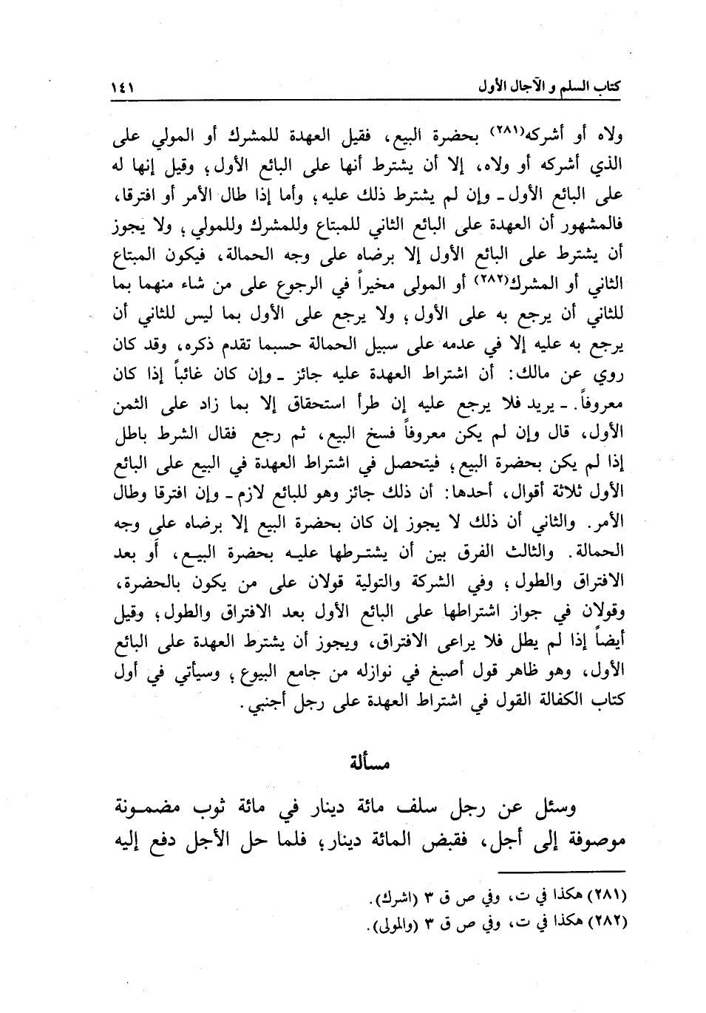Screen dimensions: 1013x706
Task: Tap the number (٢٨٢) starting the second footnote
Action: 608,925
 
